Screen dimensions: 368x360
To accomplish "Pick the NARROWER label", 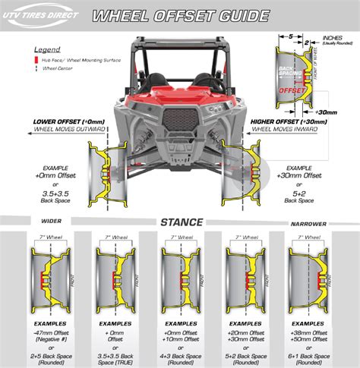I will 313,223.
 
